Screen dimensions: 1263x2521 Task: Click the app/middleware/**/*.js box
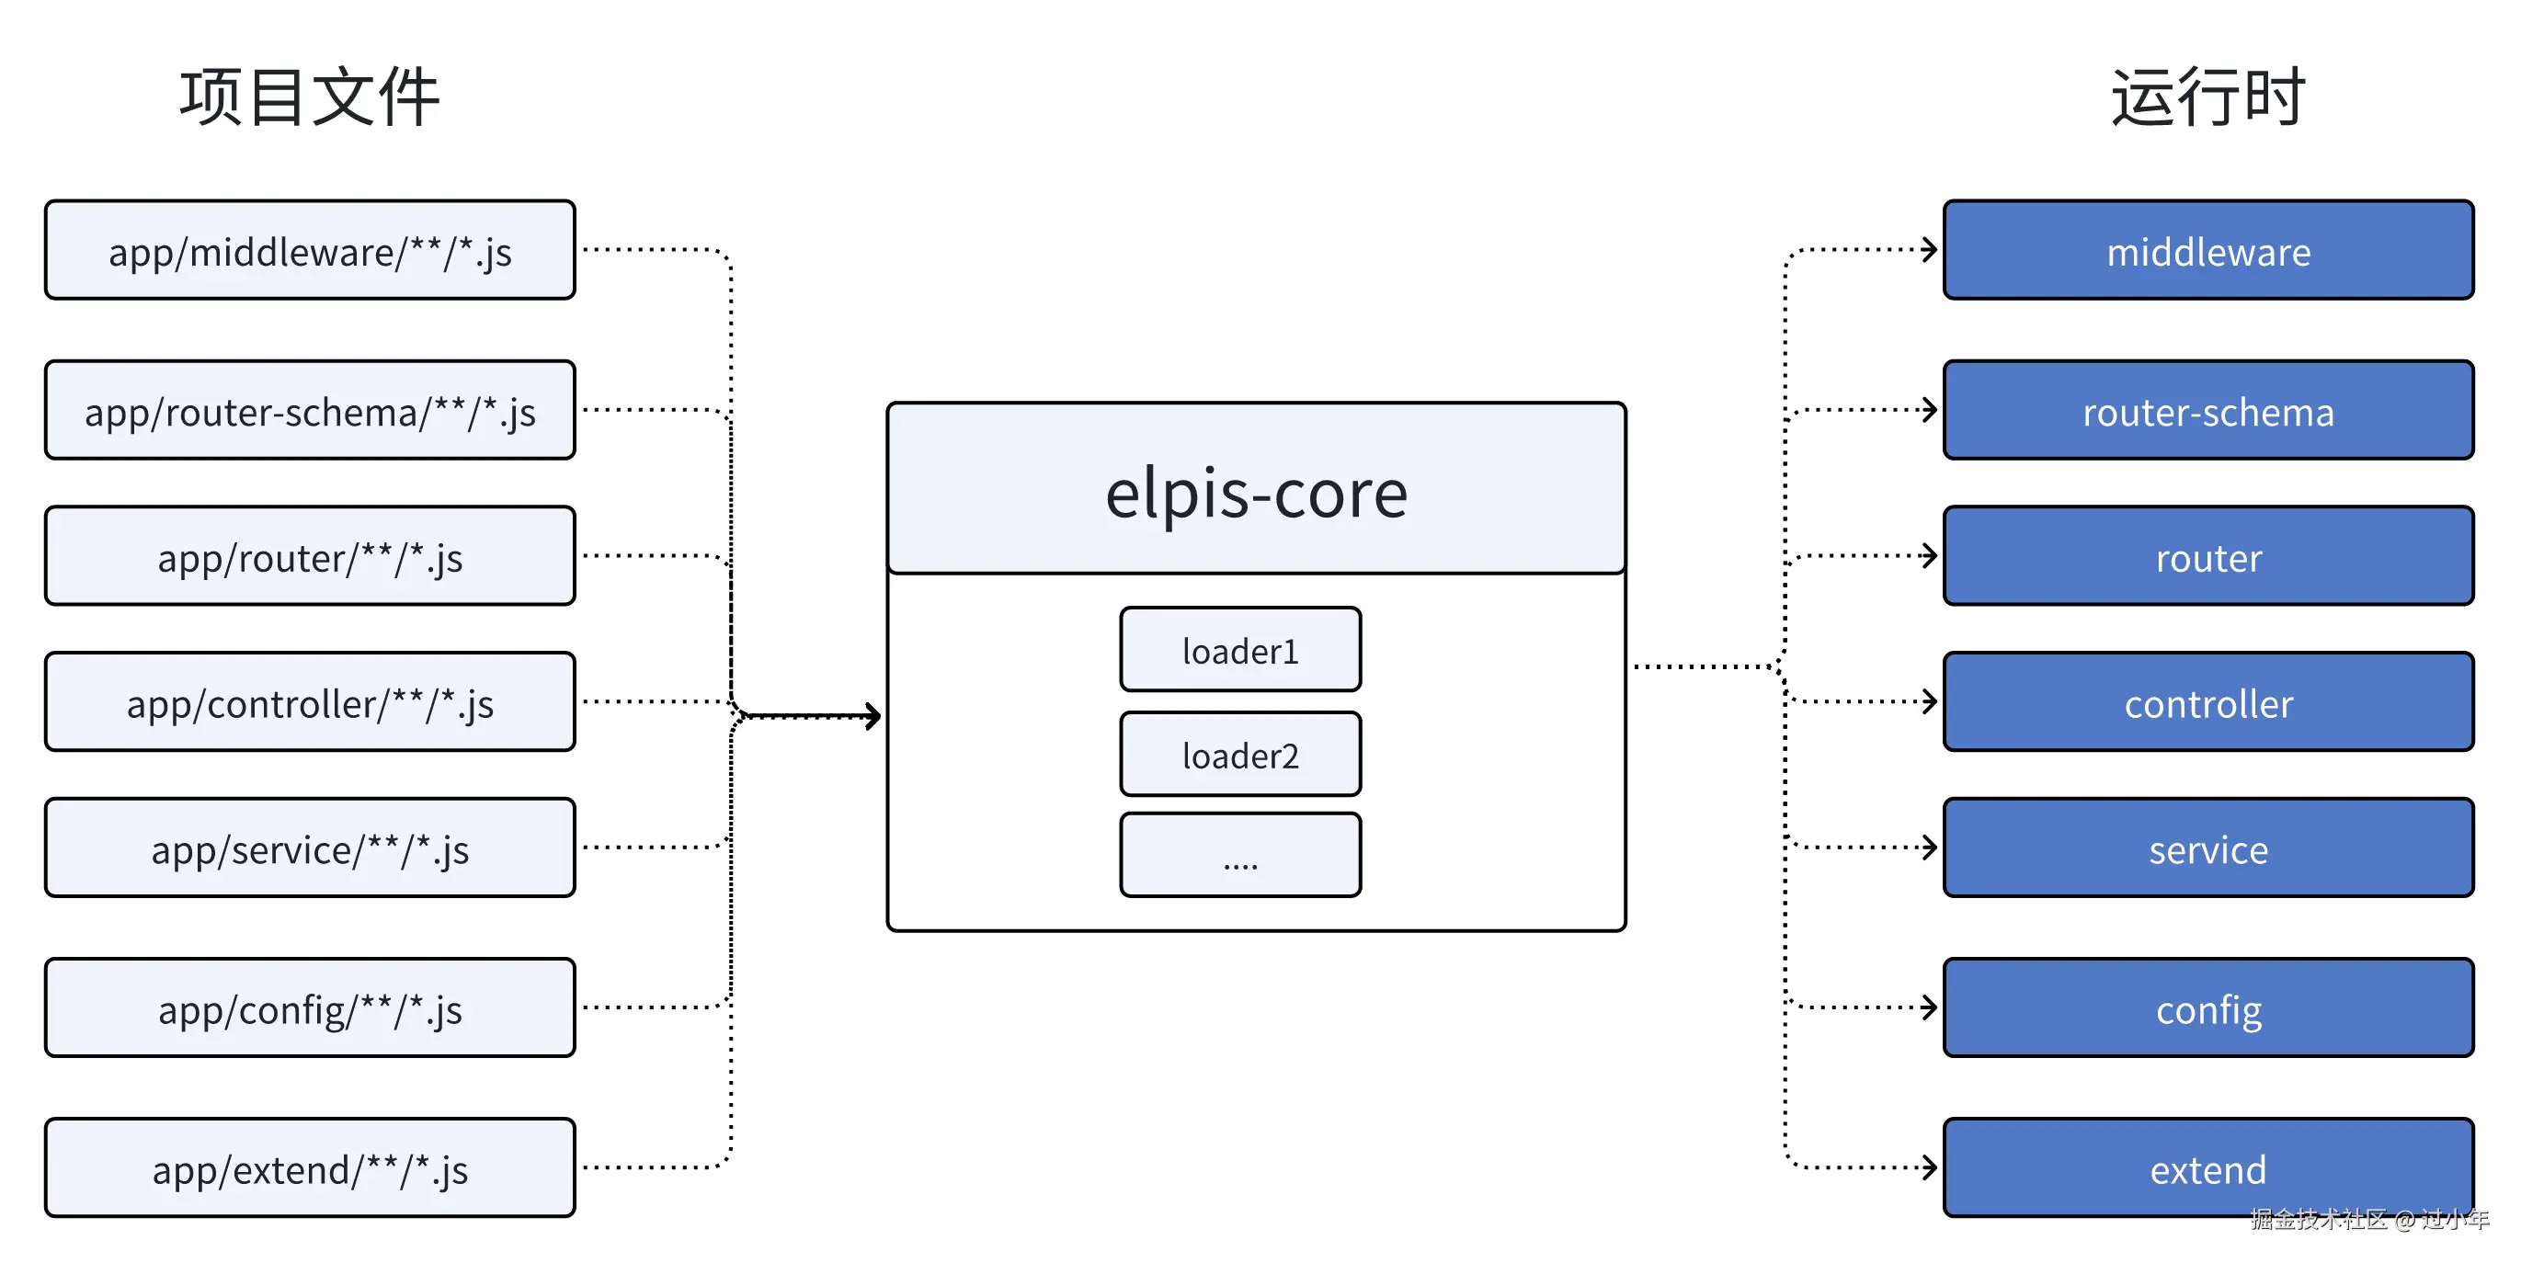point(309,250)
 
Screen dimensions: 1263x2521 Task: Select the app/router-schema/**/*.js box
point(309,410)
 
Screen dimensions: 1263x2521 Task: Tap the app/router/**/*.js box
point(309,556)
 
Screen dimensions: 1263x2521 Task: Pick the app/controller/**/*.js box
point(309,701)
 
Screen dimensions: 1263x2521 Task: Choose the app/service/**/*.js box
point(309,848)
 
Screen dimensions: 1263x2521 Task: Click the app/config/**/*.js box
point(309,1007)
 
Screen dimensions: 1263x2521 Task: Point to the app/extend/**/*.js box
point(309,1168)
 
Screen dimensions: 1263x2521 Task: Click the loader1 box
point(1240,650)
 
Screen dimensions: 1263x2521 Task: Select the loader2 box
point(1240,755)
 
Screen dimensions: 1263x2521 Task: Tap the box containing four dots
point(1240,855)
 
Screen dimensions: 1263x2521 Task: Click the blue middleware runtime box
point(2207,250)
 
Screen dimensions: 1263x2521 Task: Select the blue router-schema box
point(2207,410)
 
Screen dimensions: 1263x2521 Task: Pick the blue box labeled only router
point(2207,556)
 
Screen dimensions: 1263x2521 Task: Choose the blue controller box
point(2207,701)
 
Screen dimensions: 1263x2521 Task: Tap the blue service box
point(2207,848)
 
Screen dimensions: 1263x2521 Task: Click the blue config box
point(2207,1007)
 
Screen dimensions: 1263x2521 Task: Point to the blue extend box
point(2207,1168)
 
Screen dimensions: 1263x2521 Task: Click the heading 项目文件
point(309,97)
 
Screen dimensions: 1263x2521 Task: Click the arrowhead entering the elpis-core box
point(872,716)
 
